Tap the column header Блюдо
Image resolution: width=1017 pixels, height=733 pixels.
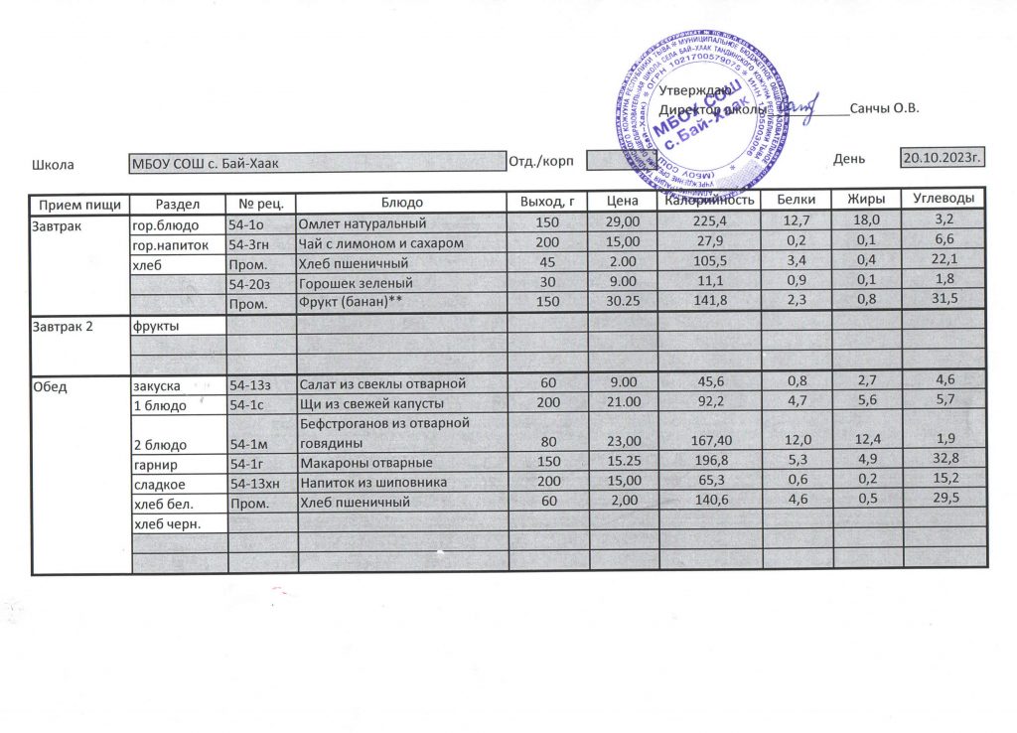click(x=401, y=203)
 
